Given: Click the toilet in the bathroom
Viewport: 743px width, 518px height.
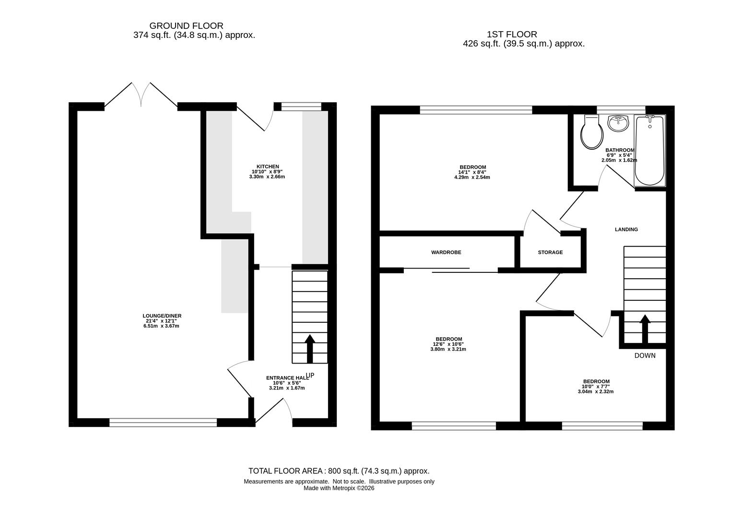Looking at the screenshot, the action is click(x=592, y=132).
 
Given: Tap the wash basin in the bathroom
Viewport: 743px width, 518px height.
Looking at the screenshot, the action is click(x=618, y=123).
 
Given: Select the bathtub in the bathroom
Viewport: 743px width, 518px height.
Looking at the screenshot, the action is click(x=649, y=150).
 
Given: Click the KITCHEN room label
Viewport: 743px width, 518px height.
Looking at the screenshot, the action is click(x=268, y=166).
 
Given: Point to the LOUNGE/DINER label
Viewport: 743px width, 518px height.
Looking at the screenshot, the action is click(x=162, y=316).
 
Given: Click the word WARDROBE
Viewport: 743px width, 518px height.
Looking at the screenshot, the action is click(x=446, y=252).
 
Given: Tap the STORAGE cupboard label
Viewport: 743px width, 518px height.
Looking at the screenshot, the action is click(x=550, y=252).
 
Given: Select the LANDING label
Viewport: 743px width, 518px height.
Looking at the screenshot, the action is click(x=626, y=229).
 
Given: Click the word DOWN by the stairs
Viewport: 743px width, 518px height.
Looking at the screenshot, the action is click(x=645, y=356).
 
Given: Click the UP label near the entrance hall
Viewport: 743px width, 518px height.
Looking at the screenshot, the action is click(x=310, y=376).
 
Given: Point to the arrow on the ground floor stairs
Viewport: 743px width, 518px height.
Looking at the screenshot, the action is click(x=310, y=349).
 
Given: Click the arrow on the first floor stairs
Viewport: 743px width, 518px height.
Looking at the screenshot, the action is click(x=645, y=329).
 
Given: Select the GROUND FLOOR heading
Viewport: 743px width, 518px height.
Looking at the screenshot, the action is click(x=186, y=26).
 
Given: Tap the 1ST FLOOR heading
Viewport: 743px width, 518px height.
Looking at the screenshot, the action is click(x=512, y=35).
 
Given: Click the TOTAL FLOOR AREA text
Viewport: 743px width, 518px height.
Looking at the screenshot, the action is click(x=339, y=471).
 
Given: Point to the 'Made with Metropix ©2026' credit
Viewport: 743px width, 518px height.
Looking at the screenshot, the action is click(x=339, y=488).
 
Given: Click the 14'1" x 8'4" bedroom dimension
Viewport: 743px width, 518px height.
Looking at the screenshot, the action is click(x=472, y=173).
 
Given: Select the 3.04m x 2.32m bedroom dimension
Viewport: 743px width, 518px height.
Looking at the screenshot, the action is click(x=596, y=392).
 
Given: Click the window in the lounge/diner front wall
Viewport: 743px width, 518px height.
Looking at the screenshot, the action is click(x=163, y=423).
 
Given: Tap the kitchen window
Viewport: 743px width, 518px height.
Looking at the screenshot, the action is click(x=301, y=106).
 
